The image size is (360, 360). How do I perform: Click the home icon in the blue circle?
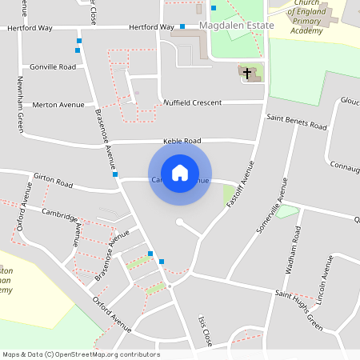coord(180,172)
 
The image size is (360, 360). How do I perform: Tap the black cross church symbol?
coord(248,74)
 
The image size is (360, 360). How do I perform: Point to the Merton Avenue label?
coord(58,105)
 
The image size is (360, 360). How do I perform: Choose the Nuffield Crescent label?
coord(191,103)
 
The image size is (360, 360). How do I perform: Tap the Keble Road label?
coord(182,141)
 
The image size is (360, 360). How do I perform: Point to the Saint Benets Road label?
coord(297,122)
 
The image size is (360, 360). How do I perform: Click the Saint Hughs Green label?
coord(298,310)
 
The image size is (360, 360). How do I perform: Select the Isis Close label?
coord(204,330)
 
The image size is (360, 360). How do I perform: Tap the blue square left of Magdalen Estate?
coord(182,26)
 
